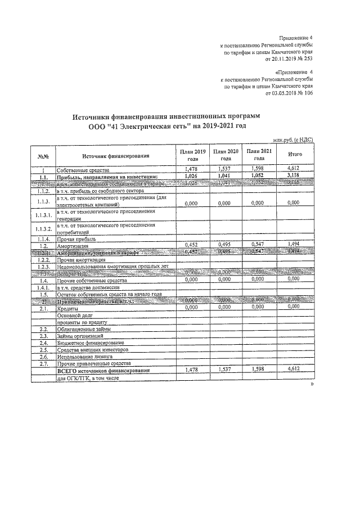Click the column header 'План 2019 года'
tap(193, 155)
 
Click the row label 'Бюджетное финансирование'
tap(90, 343)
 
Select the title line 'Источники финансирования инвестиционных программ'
tap(168, 116)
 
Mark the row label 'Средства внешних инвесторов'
tap(92, 349)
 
